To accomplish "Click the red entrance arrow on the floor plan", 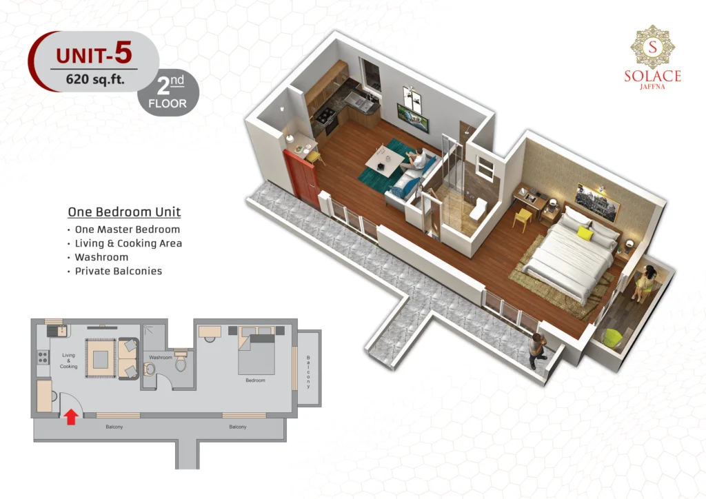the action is pyautogui.click(x=70, y=417).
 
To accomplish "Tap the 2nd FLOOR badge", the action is pyautogui.click(x=168, y=92).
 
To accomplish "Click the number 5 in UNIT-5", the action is pyautogui.click(x=123, y=53).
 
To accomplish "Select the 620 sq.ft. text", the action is pyautogui.click(x=95, y=80).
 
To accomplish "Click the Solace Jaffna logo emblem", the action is pyautogui.click(x=652, y=47).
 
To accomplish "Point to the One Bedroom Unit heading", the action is pyautogui.click(x=124, y=212).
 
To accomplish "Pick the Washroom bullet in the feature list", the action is pyautogui.click(x=101, y=257).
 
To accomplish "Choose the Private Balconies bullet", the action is pyautogui.click(x=118, y=272).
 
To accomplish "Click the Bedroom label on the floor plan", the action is pyautogui.click(x=255, y=380).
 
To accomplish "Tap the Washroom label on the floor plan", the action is pyautogui.click(x=160, y=357).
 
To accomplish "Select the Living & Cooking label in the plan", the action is pyautogui.click(x=68, y=361).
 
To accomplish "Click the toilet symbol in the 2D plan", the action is pyautogui.click(x=181, y=360).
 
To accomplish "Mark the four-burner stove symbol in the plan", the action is pyautogui.click(x=43, y=358).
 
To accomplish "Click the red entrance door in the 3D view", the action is pyautogui.click(x=302, y=179).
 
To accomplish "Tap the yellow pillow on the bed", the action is pyautogui.click(x=585, y=233).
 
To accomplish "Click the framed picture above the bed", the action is pyautogui.click(x=598, y=202).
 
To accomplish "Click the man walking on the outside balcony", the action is pyautogui.click(x=538, y=351).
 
